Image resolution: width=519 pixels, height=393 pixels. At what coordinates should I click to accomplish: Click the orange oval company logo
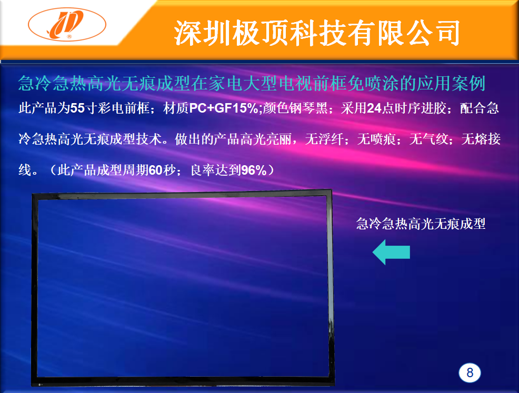tap(67, 25)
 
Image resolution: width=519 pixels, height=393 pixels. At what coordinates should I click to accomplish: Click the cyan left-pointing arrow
tap(391, 252)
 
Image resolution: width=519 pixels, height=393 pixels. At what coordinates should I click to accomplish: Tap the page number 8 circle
tap(470, 373)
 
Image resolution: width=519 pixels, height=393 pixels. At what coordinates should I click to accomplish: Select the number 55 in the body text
tap(77, 108)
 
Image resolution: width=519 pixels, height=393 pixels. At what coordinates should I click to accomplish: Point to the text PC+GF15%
tap(224, 108)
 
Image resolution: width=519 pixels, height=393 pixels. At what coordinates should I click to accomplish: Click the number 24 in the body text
tap(374, 108)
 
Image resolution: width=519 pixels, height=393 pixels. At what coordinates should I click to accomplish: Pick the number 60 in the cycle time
tap(156, 170)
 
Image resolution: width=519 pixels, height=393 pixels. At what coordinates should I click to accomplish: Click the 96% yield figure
tap(254, 170)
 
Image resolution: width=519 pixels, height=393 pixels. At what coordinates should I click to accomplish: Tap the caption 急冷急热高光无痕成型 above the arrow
tap(421, 224)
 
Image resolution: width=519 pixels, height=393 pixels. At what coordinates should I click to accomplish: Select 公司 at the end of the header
tap(435, 33)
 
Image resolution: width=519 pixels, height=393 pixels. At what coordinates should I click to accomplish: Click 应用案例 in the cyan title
tap(451, 83)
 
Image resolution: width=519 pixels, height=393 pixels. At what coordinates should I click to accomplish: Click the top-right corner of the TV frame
tap(331, 189)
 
